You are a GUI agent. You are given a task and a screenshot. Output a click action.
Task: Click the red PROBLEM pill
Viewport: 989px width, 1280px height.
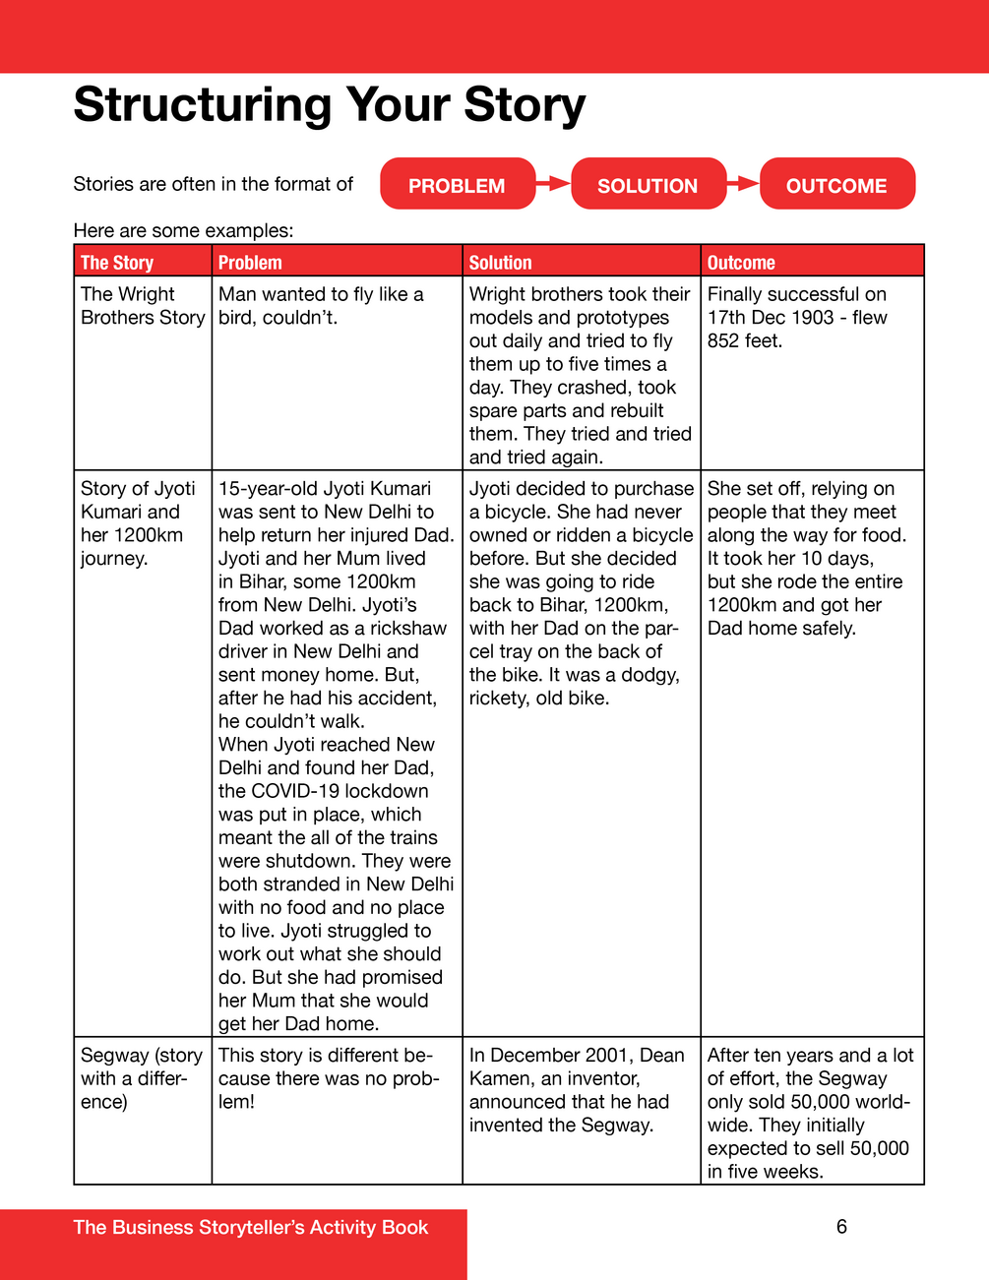(x=458, y=185)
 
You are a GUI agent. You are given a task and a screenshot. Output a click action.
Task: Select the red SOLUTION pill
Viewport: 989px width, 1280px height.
(x=648, y=185)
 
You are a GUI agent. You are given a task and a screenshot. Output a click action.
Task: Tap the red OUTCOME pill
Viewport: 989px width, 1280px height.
(x=836, y=185)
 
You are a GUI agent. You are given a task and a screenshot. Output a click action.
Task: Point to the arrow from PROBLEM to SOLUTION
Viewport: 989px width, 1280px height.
(x=554, y=183)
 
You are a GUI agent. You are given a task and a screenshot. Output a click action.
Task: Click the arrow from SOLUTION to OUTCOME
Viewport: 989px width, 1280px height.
(x=744, y=183)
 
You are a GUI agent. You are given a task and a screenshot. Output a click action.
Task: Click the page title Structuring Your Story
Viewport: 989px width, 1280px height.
(x=330, y=104)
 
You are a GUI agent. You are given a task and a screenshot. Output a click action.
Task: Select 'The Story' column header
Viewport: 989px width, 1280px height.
(x=117, y=263)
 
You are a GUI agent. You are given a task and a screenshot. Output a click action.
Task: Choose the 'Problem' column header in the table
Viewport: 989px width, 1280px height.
(x=250, y=263)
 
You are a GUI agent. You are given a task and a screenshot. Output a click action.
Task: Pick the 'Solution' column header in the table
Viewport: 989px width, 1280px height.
(x=500, y=263)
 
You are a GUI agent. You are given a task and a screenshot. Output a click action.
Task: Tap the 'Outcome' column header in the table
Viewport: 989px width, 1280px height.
(x=741, y=263)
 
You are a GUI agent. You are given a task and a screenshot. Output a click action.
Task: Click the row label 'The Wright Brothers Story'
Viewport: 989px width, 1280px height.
(x=142, y=306)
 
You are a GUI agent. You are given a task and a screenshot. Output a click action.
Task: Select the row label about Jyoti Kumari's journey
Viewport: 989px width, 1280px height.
(x=138, y=523)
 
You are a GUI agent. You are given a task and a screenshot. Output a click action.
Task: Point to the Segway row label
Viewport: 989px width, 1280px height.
(x=142, y=1078)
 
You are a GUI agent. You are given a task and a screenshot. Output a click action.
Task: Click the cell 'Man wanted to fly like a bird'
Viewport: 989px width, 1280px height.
(x=321, y=306)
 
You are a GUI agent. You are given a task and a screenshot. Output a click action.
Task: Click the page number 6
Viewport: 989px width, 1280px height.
(x=841, y=1227)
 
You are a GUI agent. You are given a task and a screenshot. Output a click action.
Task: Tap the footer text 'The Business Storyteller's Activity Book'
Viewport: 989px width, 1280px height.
(x=251, y=1228)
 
